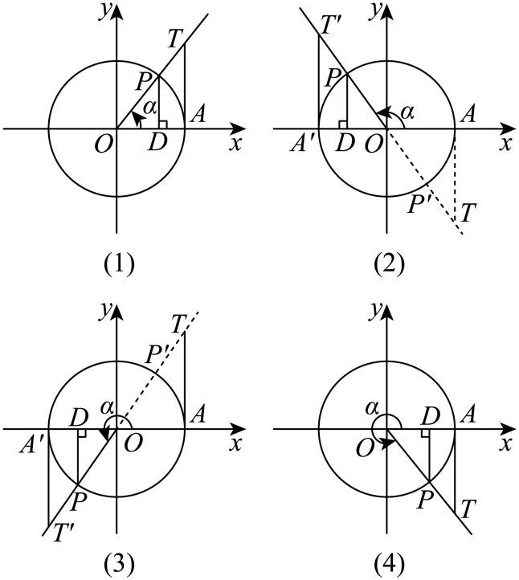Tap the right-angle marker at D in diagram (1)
(x=163, y=125)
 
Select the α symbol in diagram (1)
(x=149, y=108)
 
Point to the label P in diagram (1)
(x=142, y=82)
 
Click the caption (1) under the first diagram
(x=118, y=265)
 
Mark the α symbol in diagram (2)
(x=407, y=112)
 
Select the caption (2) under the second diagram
(x=389, y=265)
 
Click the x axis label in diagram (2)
(x=505, y=144)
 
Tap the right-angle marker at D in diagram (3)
(x=82, y=433)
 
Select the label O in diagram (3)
(x=133, y=443)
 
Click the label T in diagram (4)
(x=468, y=509)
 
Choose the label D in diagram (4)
(x=431, y=416)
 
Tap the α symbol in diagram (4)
(x=372, y=409)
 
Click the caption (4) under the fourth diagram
(x=389, y=566)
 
